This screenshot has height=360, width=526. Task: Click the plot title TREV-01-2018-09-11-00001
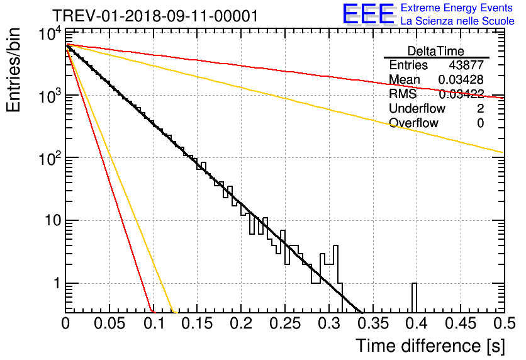[x=155, y=16]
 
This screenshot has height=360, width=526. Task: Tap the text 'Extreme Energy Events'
[x=457, y=8]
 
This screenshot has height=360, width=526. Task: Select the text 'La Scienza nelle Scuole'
[x=457, y=21]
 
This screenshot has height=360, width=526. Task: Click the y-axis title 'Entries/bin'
[x=13, y=70]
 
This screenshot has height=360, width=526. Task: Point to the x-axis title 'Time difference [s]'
[x=430, y=346]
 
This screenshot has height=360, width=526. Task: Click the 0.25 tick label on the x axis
[x=285, y=323]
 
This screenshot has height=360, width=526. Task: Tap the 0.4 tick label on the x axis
[x=417, y=323]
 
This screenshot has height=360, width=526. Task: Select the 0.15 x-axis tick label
[x=198, y=323]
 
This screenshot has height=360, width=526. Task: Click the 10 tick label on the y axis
[x=52, y=220]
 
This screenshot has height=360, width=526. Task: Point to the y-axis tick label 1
[x=57, y=283]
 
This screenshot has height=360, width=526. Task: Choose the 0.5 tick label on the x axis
[x=504, y=323]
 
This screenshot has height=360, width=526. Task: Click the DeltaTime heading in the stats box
[x=436, y=51]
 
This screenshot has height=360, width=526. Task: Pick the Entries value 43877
[x=466, y=65]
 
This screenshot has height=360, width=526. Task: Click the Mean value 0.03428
[x=461, y=79]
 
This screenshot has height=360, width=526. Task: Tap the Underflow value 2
[x=480, y=108]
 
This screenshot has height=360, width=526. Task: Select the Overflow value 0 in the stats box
[x=480, y=123]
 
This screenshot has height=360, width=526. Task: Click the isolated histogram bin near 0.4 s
[x=414, y=297]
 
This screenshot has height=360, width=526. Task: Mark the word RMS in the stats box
[x=403, y=94]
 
